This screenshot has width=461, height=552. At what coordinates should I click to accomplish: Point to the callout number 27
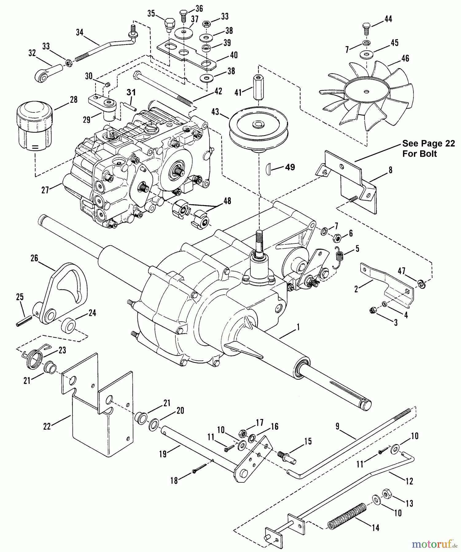(45, 190)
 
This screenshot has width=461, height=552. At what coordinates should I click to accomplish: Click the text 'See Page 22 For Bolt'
(428, 148)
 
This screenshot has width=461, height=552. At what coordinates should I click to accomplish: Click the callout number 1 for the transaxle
(298, 327)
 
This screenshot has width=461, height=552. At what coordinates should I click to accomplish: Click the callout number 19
(163, 454)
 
